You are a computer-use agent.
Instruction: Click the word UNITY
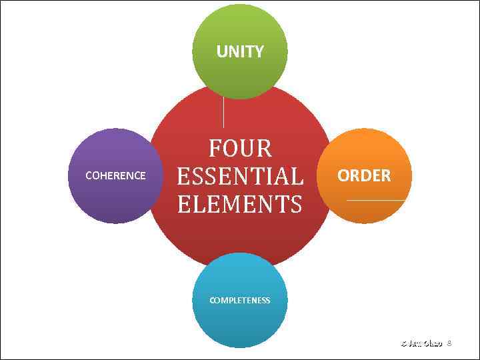point(240,51)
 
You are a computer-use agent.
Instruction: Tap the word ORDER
point(364,176)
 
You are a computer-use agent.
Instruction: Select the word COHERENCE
point(115,176)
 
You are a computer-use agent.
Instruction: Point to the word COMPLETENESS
point(240,301)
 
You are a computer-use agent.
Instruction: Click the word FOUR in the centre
point(240,148)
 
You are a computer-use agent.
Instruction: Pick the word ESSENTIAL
point(240,177)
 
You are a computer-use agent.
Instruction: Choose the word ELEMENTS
point(240,204)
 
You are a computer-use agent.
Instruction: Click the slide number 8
point(449,343)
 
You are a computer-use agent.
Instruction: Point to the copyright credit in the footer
point(421,343)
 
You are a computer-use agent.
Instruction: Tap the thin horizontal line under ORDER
point(375,200)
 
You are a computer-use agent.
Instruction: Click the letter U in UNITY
point(221,51)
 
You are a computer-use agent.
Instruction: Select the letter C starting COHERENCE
point(89,176)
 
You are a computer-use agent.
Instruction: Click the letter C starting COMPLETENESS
point(212,301)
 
